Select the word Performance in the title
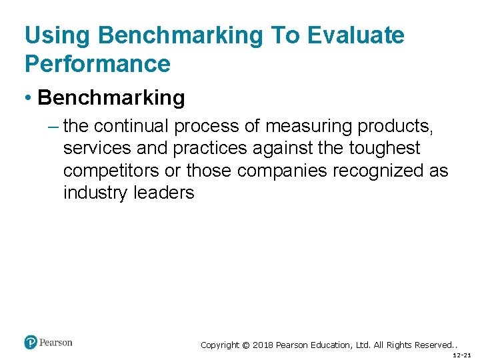(97, 64)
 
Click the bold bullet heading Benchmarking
(111, 98)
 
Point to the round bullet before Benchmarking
(29, 99)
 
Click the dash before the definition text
(54, 125)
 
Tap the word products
(395, 125)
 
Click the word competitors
(111, 171)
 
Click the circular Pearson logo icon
(31, 343)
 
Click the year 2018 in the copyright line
(263, 345)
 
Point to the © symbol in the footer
(245, 345)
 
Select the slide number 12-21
(461, 355)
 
